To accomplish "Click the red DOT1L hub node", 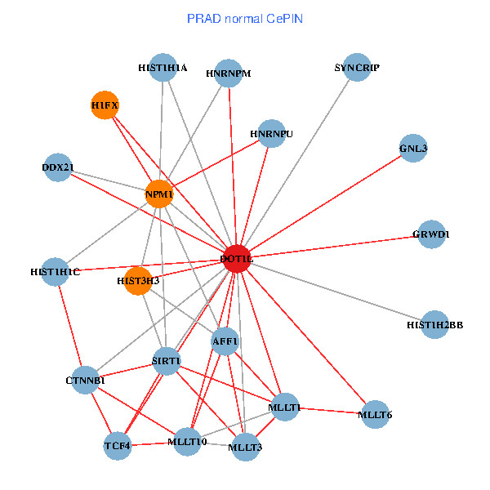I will (x=236, y=259).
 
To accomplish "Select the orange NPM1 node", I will (x=159, y=194).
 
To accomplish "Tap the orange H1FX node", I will (x=105, y=105).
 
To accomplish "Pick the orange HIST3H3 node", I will (x=138, y=281).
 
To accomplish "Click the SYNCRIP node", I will (x=357, y=68).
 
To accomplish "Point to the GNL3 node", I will (x=413, y=149).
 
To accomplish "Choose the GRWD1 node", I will (x=431, y=234).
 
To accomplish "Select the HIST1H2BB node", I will (x=434, y=325).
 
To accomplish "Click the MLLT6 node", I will (x=375, y=415).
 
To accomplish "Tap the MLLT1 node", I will (x=284, y=407).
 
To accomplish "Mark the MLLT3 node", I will (x=246, y=447).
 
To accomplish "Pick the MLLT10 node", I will (x=187, y=442).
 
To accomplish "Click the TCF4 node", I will (x=118, y=446).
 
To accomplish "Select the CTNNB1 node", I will (x=86, y=380).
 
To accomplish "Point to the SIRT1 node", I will (x=166, y=361).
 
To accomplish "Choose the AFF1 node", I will (x=225, y=341).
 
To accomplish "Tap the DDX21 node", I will (x=58, y=167).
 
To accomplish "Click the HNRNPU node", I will (x=271, y=133).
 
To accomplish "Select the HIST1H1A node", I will (x=163, y=69).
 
